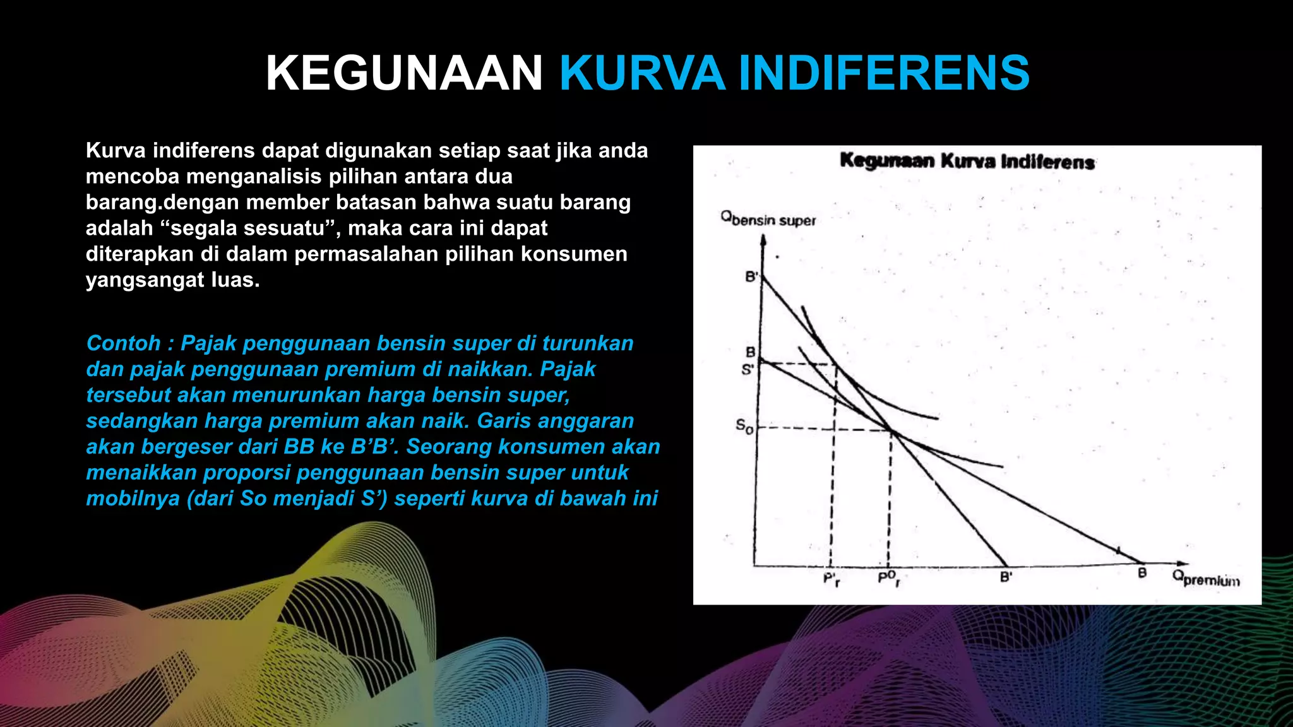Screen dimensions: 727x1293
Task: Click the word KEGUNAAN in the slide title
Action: [x=404, y=73]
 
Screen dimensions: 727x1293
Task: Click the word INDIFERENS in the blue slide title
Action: [x=884, y=73]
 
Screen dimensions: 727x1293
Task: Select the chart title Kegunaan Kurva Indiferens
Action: [x=967, y=162]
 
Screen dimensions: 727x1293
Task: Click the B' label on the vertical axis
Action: [x=751, y=276]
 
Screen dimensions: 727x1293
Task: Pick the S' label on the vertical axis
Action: [x=747, y=370]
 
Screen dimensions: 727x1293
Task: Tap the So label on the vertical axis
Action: [x=744, y=427]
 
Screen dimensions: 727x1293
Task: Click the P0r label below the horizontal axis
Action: [x=888, y=577]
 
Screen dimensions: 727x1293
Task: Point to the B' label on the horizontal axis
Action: [x=1006, y=576]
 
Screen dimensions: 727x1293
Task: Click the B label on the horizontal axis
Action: [x=1141, y=573]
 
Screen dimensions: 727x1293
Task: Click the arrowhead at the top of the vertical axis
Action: [x=764, y=240]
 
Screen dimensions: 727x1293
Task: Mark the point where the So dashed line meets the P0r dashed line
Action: [x=891, y=431]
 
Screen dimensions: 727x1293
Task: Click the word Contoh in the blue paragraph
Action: [x=124, y=343]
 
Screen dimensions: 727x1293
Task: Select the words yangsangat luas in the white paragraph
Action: [x=172, y=280]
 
